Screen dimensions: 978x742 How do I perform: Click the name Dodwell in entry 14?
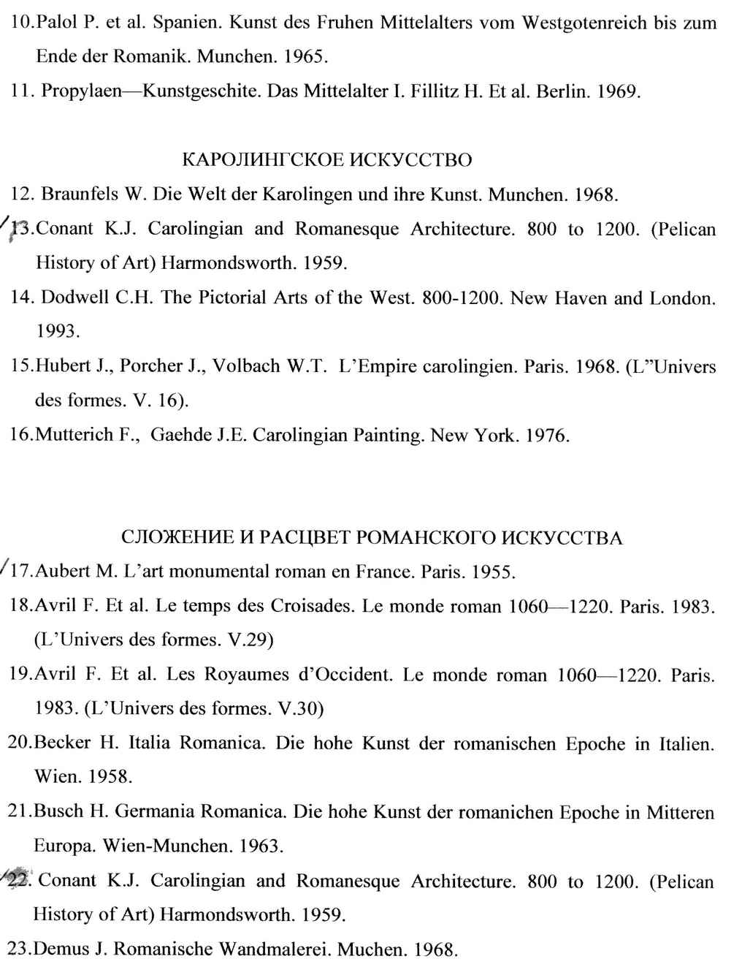click(70, 298)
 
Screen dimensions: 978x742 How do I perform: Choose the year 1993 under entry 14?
click(57, 332)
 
